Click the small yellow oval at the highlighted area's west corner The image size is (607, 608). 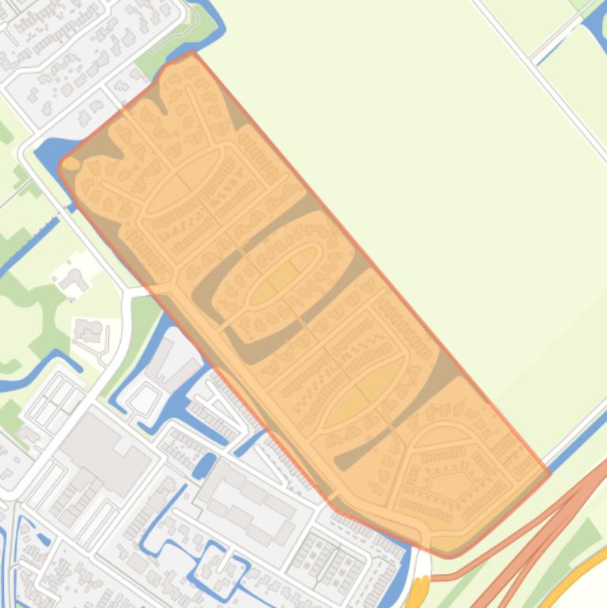pyautogui.click(x=71, y=163)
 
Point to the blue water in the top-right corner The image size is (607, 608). pyautogui.click(x=596, y=28)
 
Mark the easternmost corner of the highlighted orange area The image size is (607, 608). pyautogui.click(x=549, y=474)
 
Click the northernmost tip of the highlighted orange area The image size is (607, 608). pyautogui.click(x=192, y=53)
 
